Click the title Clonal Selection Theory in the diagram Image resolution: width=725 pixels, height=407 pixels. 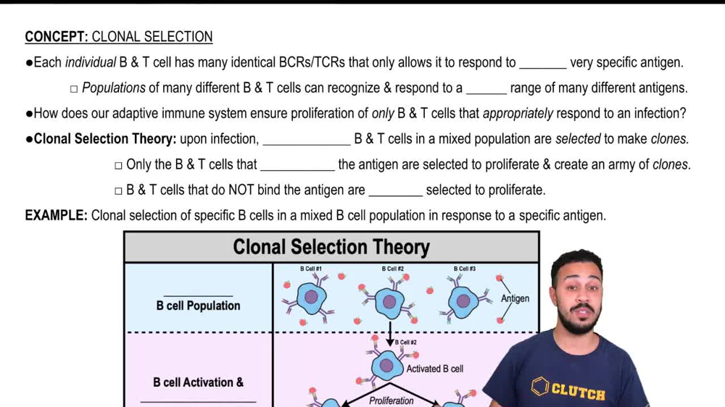(331, 247)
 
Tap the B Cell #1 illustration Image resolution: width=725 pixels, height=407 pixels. (311, 297)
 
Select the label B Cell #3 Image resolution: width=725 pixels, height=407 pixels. (465, 269)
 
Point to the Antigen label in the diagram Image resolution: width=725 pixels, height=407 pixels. (515, 298)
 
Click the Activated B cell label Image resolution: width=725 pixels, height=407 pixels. (435, 369)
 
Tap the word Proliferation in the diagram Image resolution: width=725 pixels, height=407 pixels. (391, 400)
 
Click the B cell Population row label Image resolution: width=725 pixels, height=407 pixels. (198, 306)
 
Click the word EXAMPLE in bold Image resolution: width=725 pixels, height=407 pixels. (56, 215)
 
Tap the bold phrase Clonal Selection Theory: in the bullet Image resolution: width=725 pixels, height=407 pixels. (105, 139)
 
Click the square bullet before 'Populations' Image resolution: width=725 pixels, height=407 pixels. (74, 89)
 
